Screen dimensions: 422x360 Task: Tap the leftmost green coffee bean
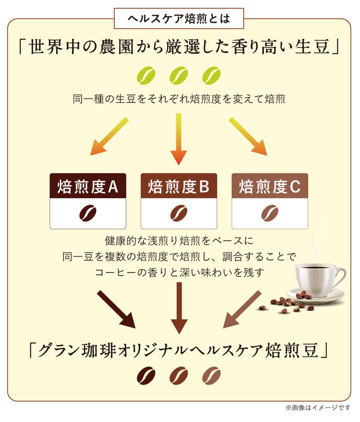pos(145,74)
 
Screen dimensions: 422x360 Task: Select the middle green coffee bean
pos(179,74)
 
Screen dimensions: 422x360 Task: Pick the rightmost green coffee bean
pos(211,74)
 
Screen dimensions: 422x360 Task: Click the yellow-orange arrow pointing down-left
pos(110,137)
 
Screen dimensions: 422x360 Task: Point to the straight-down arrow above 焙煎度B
pos(179,138)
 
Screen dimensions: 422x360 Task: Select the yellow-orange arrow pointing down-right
pos(247,137)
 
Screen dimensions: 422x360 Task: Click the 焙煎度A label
pos(87,186)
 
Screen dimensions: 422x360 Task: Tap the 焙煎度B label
pos(179,186)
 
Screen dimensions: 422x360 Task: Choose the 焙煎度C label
pos(270,186)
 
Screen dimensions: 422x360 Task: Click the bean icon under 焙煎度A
pos(87,214)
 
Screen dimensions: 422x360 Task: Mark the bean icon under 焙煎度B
pos(179,214)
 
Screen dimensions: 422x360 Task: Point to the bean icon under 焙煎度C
pos(270,214)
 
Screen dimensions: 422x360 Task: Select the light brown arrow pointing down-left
pos(242,308)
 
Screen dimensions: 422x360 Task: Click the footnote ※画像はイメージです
pos(318,407)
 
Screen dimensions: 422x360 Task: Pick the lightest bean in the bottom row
pos(211,375)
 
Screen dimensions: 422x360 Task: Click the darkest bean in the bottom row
pos(146,375)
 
